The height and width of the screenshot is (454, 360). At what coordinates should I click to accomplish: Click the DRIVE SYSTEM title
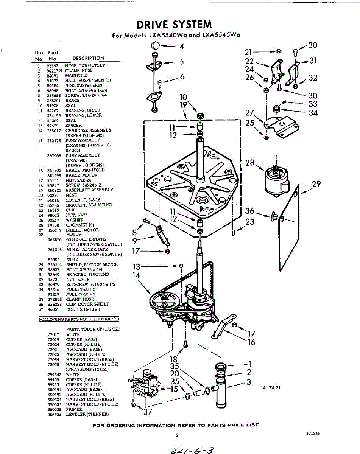pyautogui.click(x=174, y=25)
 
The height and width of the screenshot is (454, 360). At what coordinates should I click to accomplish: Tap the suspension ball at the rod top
pyautogui.click(x=155, y=46)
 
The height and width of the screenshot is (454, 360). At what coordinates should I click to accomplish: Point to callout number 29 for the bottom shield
pyautogui.click(x=316, y=184)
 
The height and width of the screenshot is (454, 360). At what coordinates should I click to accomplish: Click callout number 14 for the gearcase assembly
pyautogui.click(x=136, y=275)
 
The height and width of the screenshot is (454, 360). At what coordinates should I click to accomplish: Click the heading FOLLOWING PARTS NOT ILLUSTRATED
pyautogui.click(x=79, y=319)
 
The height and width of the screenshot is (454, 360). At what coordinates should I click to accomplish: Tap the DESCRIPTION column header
pyautogui.click(x=88, y=58)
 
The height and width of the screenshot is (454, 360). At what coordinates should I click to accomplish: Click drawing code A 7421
pyautogui.click(x=271, y=388)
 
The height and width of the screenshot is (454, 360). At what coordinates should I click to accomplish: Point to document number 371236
pyautogui.click(x=313, y=434)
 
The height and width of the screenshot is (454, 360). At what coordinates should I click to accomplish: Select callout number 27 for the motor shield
pyautogui.click(x=249, y=112)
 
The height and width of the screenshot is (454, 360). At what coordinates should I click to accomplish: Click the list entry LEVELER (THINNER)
pyautogui.click(x=87, y=414)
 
